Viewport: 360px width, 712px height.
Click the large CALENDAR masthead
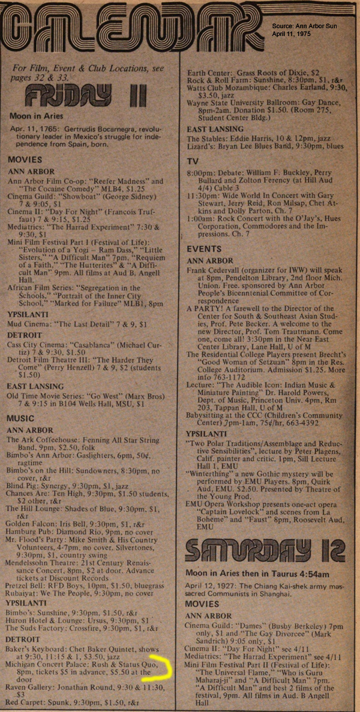[132, 27]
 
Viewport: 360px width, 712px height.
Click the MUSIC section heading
[25, 417]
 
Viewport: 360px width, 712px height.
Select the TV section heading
[193, 161]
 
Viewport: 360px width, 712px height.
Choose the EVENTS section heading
[205, 248]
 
